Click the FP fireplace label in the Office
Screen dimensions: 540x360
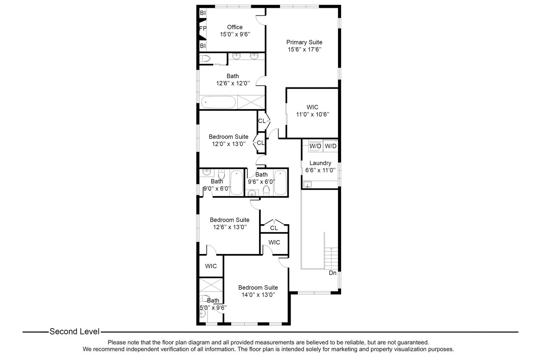(203, 28)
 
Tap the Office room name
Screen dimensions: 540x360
(235, 27)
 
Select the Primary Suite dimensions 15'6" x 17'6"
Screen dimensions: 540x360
(305, 49)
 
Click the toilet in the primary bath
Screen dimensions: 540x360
(205, 58)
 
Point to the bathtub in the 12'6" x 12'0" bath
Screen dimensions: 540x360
(218, 102)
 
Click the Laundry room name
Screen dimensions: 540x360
(320, 163)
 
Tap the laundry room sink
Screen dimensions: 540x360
(307, 185)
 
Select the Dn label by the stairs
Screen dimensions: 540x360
(332, 273)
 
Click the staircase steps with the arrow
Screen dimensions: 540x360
(331, 258)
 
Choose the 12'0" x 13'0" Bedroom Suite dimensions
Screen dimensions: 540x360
(229, 144)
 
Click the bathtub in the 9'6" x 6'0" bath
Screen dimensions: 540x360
(280, 182)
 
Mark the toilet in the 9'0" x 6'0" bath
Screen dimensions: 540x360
(221, 174)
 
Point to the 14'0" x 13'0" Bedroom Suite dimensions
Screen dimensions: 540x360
(258, 295)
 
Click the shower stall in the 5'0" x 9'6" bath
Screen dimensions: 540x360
(211, 285)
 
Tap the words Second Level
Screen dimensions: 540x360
(74, 332)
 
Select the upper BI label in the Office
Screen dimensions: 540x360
(203, 13)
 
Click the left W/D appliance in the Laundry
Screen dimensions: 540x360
(315, 146)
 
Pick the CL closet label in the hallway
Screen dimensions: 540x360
(274, 228)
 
